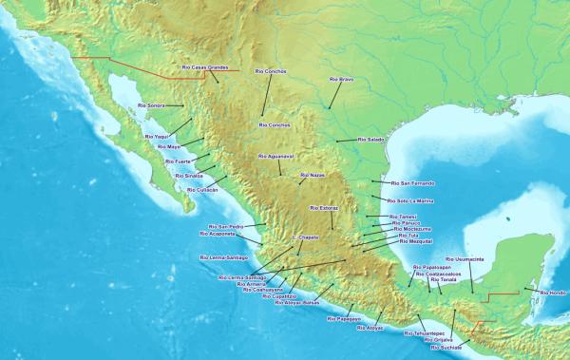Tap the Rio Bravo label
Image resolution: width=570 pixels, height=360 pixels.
pos(341,79)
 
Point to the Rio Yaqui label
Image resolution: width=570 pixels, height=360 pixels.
pos(156,137)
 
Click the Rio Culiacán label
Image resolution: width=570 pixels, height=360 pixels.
pos(202,190)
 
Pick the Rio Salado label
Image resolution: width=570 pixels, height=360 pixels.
pos(370,140)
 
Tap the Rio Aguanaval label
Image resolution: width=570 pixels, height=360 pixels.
pos(275,156)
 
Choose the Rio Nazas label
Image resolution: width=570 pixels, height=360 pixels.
pos(312,175)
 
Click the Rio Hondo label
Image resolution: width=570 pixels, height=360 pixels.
pos(553,293)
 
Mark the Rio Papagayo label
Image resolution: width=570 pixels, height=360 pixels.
pos(344,319)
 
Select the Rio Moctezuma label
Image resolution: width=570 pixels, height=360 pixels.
pos(411,229)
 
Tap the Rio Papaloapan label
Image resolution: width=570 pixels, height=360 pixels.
pos(438,268)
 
